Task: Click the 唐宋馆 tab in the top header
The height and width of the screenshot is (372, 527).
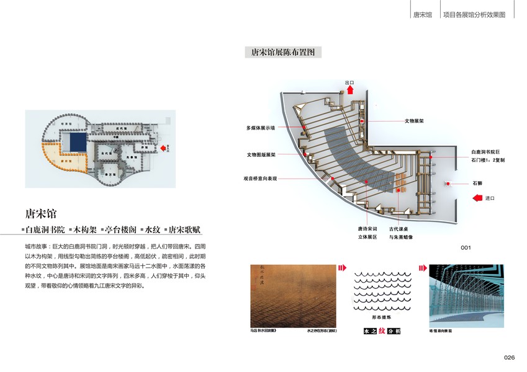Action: (422, 14)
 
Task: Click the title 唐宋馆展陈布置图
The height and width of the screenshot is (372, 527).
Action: (283, 53)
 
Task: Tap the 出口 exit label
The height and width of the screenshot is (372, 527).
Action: (350, 82)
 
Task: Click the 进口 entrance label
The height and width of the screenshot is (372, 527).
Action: (490, 198)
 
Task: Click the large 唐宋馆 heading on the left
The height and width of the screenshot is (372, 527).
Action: (41, 214)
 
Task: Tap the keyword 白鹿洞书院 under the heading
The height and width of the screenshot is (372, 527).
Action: (45, 229)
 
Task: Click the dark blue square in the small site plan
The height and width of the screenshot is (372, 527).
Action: (78, 141)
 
